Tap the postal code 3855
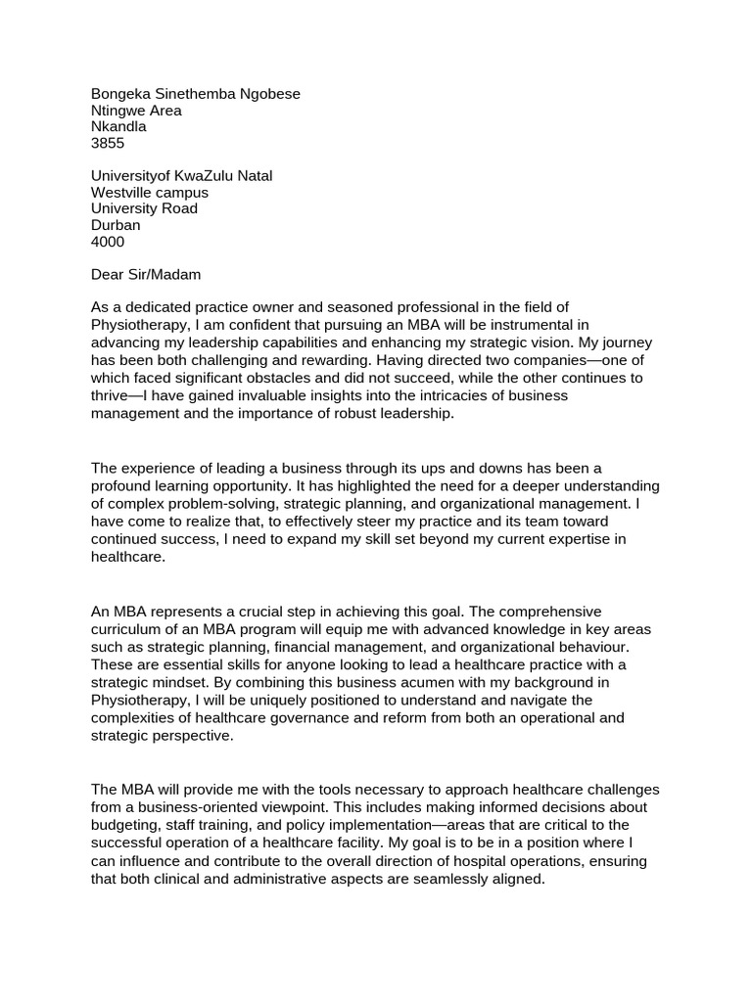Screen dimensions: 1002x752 coord(108,143)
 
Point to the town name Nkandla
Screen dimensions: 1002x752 coord(118,126)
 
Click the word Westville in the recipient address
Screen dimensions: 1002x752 coord(120,192)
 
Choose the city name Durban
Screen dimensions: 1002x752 coord(116,224)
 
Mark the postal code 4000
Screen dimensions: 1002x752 coord(108,241)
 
